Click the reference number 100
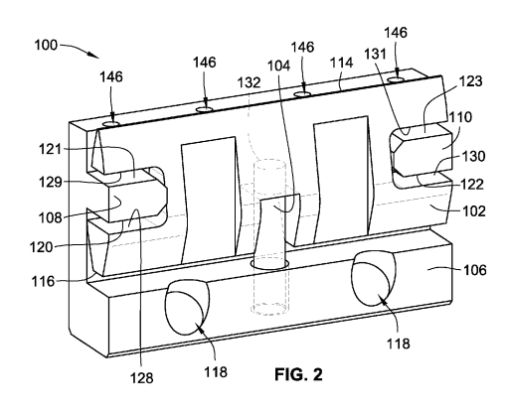pos(46,45)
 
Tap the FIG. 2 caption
pos(298,374)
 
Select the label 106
pos(474,270)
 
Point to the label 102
pos(474,210)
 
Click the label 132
pos(249,82)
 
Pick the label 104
pos(278,67)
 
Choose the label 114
pos(342,63)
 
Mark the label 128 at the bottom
pos(141,378)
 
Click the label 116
pos(43,282)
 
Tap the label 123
pos(470,81)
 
